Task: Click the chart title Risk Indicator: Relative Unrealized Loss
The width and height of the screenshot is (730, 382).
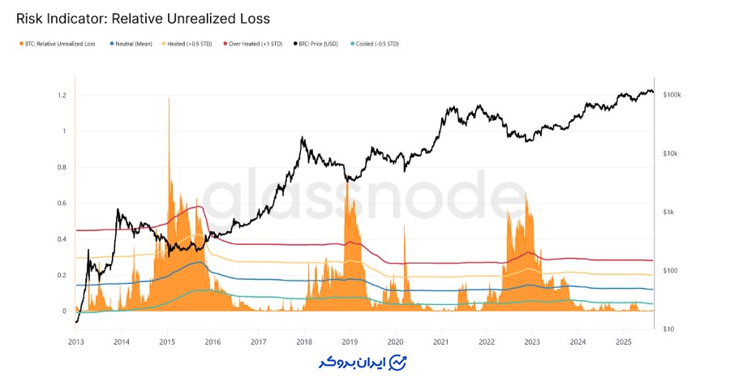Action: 143,17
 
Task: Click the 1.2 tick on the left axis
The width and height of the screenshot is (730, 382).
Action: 62,96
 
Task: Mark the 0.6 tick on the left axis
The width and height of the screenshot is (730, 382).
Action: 62,204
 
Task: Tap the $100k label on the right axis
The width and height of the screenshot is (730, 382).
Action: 672,96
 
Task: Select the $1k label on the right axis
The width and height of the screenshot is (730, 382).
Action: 668,212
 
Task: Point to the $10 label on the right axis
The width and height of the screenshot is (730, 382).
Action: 668,329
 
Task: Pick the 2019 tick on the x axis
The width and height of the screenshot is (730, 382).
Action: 350,342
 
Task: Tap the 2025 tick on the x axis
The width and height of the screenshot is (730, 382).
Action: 623,342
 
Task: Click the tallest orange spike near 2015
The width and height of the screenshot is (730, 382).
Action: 169,101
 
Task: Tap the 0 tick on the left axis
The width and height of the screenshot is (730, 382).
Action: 65,311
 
